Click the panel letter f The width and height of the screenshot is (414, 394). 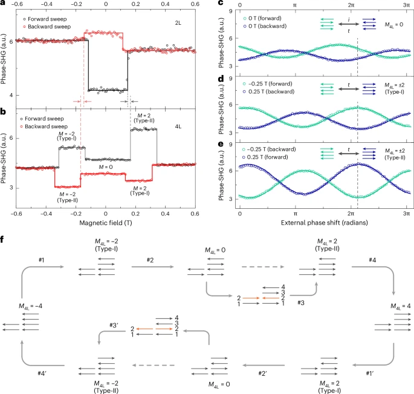pyautogui.click(x=2, y=239)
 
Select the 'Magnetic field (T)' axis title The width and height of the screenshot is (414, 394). pyautogui.click(x=106, y=223)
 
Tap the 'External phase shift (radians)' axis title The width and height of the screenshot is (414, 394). pyautogui.click(x=324, y=223)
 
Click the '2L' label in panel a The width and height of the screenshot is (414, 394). pyautogui.click(x=178, y=23)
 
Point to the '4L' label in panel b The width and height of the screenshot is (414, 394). pyautogui.click(x=178, y=126)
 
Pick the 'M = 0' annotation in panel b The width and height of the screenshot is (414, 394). pyautogui.click(x=106, y=167)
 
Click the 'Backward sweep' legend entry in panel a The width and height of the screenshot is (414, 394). pyautogui.click(x=47, y=27)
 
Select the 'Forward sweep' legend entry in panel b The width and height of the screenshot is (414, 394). pyautogui.click(x=42, y=119)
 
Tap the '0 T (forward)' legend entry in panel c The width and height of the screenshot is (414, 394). pyautogui.click(x=262, y=18)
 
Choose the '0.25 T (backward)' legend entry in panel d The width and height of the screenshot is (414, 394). pyautogui.click(x=268, y=91)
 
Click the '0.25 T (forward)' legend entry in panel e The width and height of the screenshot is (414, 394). pyautogui.click(x=265, y=157)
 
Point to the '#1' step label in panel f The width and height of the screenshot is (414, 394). pyautogui.click(x=42, y=260)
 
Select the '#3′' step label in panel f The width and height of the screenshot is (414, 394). pyautogui.click(x=114, y=325)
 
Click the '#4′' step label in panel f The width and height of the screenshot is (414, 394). pyautogui.click(x=42, y=373)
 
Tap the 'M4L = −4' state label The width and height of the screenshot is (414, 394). pyautogui.click(x=30, y=306)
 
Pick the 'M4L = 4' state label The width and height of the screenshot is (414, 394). pyautogui.click(x=401, y=306)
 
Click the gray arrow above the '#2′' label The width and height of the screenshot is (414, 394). pyautogui.click(x=264, y=366)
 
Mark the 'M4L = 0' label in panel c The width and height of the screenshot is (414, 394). pyautogui.click(x=394, y=25)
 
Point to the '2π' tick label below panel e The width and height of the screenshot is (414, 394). pyautogui.click(x=351, y=214)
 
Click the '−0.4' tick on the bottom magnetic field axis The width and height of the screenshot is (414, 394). pyautogui.click(x=46, y=214)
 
